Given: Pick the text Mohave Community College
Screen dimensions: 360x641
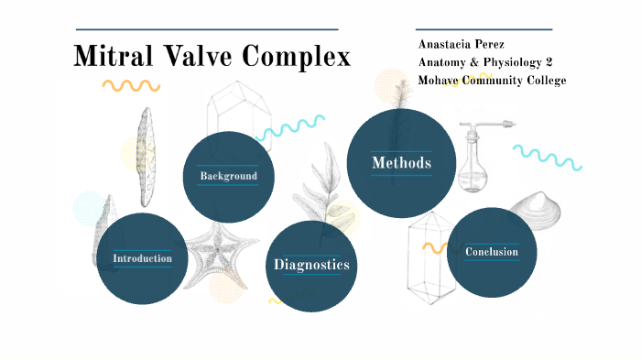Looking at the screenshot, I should [492, 81].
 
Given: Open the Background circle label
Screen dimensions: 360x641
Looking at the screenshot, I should [228, 176].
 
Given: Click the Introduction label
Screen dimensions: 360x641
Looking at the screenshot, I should [142, 258].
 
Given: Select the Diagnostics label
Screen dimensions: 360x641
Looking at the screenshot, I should [311, 265].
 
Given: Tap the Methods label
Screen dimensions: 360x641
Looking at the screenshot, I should [400, 163].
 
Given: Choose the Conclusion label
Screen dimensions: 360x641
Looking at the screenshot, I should [491, 252].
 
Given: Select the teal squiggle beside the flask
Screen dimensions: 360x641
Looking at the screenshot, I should [548, 157].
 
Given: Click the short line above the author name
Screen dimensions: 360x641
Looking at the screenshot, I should [483, 29].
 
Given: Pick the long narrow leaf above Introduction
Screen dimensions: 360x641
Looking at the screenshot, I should [144, 156].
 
